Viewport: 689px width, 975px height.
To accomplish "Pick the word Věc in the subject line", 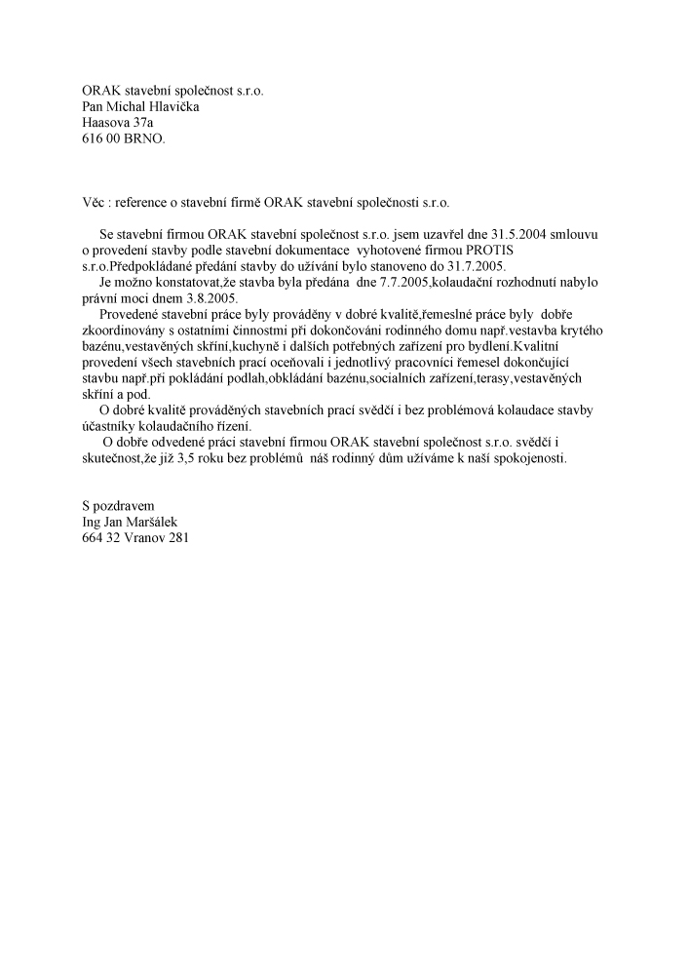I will tap(95, 203).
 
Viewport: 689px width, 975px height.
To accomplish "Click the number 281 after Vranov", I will tap(178, 536).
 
